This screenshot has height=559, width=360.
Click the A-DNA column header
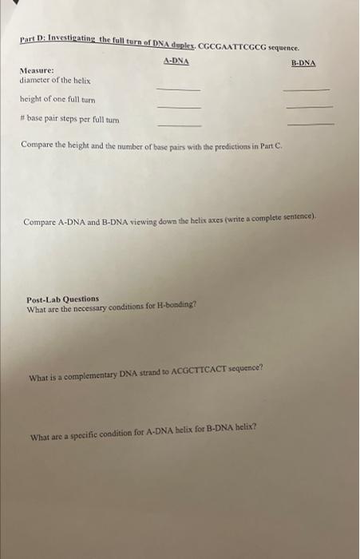click(x=176, y=60)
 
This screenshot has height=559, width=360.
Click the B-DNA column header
click(x=303, y=62)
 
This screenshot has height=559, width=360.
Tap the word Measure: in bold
click(x=37, y=70)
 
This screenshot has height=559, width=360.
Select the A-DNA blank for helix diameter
click(x=178, y=89)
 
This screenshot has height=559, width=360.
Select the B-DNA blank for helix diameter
click(x=306, y=89)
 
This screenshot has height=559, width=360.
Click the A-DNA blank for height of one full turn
click(x=178, y=107)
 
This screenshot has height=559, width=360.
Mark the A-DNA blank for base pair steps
click(x=178, y=125)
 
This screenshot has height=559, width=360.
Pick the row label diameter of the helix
click(x=55, y=81)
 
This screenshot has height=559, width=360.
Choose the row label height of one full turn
click(x=57, y=100)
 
